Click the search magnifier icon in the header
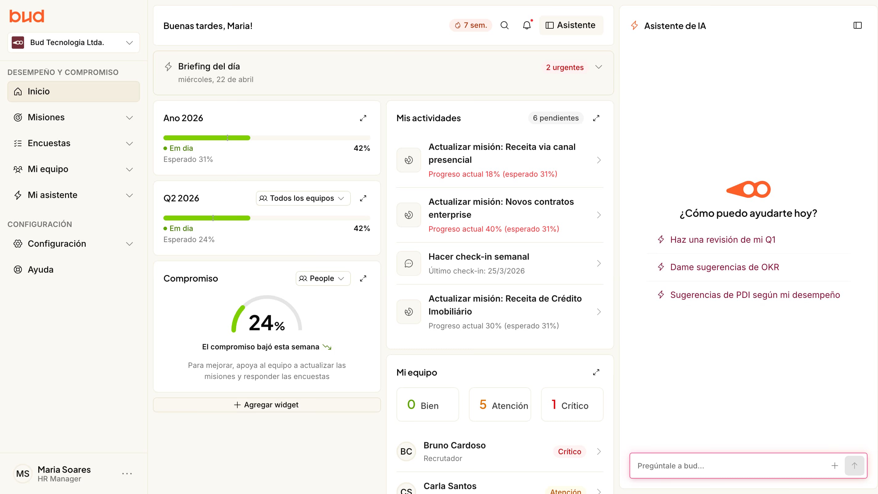[x=504, y=25]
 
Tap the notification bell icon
[x=527, y=25]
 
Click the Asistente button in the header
[x=571, y=25]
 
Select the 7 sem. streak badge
[x=471, y=25]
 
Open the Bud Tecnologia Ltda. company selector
[x=74, y=43]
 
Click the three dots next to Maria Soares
[x=127, y=474]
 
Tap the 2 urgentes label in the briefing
[x=564, y=67]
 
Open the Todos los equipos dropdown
[x=303, y=198]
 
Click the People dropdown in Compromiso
[x=322, y=278]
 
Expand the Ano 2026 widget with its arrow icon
[x=363, y=118]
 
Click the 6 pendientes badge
[x=556, y=118]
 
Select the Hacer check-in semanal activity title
[x=478, y=257]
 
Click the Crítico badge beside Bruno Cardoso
[x=569, y=451]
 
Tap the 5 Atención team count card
[x=500, y=405]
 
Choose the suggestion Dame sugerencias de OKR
[x=724, y=267]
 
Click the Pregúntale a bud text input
[x=729, y=466]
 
